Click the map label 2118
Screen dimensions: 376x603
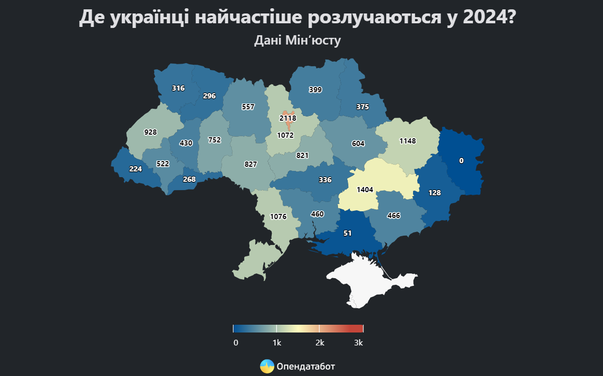pyautogui.click(x=288, y=118)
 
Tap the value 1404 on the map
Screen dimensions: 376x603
pyautogui.click(x=365, y=190)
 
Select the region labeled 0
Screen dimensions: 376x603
pyautogui.click(x=461, y=161)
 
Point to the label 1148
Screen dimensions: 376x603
pyautogui.click(x=407, y=141)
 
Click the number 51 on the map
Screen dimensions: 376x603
pyautogui.click(x=347, y=234)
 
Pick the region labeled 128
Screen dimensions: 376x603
pyautogui.click(x=434, y=193)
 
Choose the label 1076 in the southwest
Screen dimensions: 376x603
pyautogui.click(x=278, y=217)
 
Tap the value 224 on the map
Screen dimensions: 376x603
pyautogui.click(x=136, y=169)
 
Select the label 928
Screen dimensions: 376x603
pyautogui.click(x=150, y=133)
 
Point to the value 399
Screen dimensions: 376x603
pyautogui.click(x=315, y=90)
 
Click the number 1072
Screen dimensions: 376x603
pyautogui.click(x=285, y=136)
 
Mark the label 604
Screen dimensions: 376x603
pyautogui.click(x=358, y=144)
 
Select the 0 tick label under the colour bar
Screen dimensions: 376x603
pyautogui.click(x=236, y=343)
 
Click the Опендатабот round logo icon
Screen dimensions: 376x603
pyautogui.click(x=267, y=366)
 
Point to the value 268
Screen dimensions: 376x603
pyautogui.click(x=189, y=180)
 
